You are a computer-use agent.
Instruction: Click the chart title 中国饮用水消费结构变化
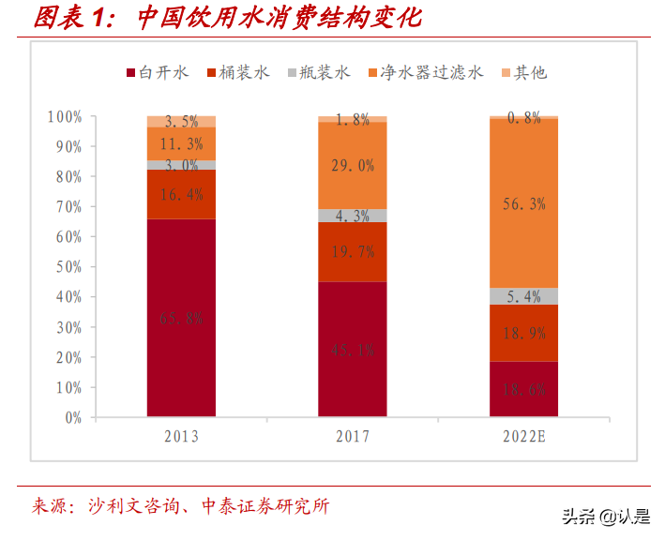[279, 19]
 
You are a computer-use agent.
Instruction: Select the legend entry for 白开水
[159, 72]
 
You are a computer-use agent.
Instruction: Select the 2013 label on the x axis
[181, 437]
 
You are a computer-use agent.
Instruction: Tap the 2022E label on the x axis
[523, 437]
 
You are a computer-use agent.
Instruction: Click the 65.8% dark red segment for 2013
[181, 318]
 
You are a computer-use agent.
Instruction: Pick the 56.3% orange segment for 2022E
[523, 202]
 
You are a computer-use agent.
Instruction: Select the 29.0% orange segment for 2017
[352, 165]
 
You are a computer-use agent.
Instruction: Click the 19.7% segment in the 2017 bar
[352, 251]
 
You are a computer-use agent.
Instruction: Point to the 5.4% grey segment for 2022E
[523, 296]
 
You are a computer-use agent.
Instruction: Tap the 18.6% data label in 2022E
[523, 390]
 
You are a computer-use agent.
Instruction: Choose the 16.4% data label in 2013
[181, 194]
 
